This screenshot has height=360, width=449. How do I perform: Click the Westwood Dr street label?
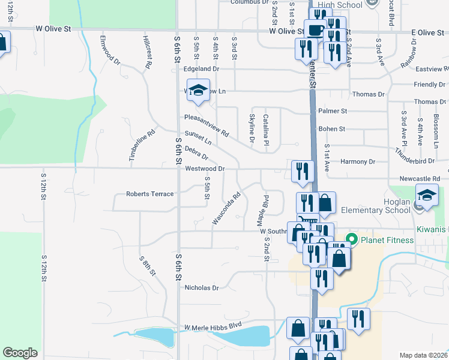click(x=204, y=169)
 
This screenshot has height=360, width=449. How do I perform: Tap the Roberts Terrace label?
click(x=149, y=194)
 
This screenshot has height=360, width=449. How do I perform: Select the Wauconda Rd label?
click(x=226, y=208)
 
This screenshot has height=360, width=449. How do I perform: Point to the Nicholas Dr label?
click(x=202, y=288)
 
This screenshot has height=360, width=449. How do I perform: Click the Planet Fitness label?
click(x=387, y=240)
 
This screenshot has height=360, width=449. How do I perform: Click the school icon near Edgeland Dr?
click(x=197, y=91)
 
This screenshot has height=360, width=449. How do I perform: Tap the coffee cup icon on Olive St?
click(x=315, y=29)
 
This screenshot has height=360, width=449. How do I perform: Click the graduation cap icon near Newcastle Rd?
click(x=427, y=197)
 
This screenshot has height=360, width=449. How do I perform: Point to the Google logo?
click(x=20, y=353)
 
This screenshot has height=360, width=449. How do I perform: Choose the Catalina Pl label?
click(x=265, y=125)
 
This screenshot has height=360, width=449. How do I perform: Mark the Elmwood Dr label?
click(x=110, y=52)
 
